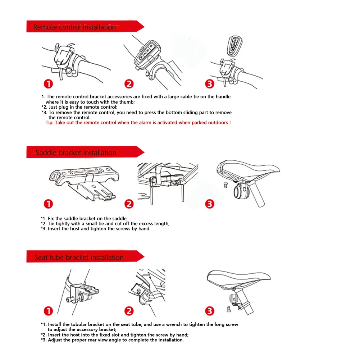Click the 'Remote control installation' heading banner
[x=85, y=26]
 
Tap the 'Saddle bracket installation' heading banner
[x=85, y=152]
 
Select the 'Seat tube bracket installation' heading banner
[x=85, y=256]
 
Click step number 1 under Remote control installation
[x=49, y=84]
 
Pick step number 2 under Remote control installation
[x=129, y=84]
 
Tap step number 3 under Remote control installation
[x=210, y=84]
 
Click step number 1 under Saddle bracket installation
[x=49, y=204]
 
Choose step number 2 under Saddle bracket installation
[x=129, y=204]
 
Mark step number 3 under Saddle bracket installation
[x=210, y=204]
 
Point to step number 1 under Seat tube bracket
[x=49, y=311]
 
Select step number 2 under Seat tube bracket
[x=129, y=311]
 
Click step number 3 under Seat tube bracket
[x=210, y=311]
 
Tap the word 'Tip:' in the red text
[x=50, y=123]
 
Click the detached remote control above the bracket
[x=234, y=45]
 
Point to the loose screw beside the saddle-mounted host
[x=225, y=185]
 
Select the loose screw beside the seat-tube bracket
[x=229, y=309]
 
